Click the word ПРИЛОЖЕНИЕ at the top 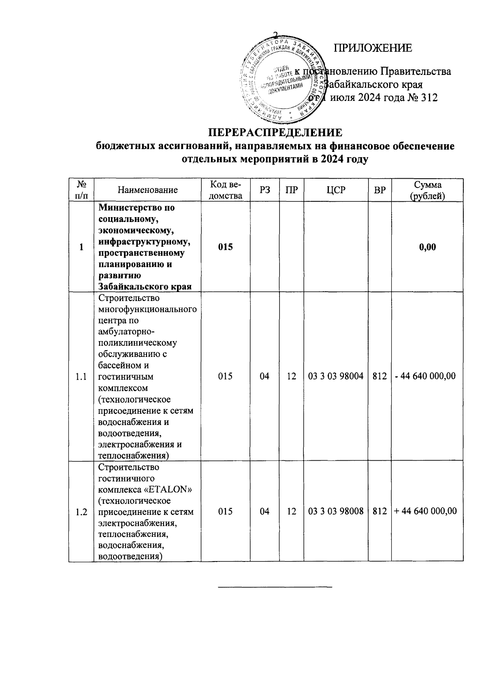coord(373,48)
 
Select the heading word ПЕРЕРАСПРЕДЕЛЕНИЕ coord(275,132)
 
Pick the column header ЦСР coord(336,190)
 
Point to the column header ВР coord(379,190)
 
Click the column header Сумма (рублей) coord(427,190)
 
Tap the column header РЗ coord(264,190)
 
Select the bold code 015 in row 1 coord(225,247)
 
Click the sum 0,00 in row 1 coord(427,247)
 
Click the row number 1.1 coord(81,376)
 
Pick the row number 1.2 coord(81,512)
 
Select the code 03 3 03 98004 coord(336,376)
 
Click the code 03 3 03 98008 coord(336,511)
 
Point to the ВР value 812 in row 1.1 coord(379,376)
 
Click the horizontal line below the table coord(275,587)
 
